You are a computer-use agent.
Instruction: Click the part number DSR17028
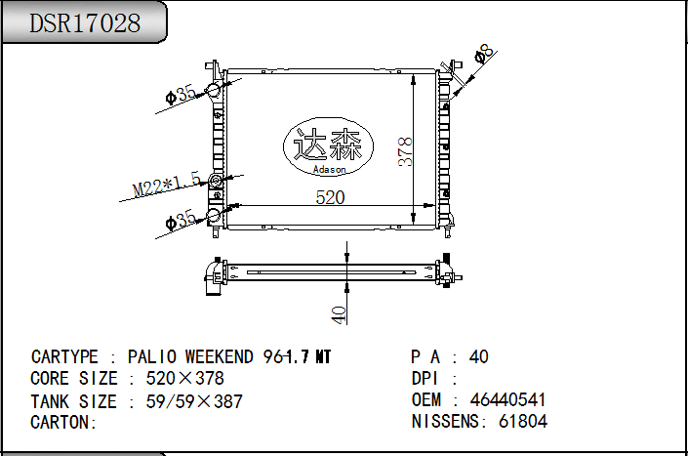tap(85, 23)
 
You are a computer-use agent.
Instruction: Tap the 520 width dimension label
tap(330, 197)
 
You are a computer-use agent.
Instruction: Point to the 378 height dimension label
tap(405, 152)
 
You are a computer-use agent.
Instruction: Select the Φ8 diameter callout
tap(484, 54)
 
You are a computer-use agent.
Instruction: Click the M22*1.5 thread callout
tap(167, 185)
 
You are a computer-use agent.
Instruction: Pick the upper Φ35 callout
tap(181, 95)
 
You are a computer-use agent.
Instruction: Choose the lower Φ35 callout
tap(181, 220)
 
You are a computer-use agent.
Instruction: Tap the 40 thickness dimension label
tap(339, 315)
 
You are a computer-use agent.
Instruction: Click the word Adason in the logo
tap(329, 169)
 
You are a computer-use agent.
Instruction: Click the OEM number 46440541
tap(507, 399)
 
